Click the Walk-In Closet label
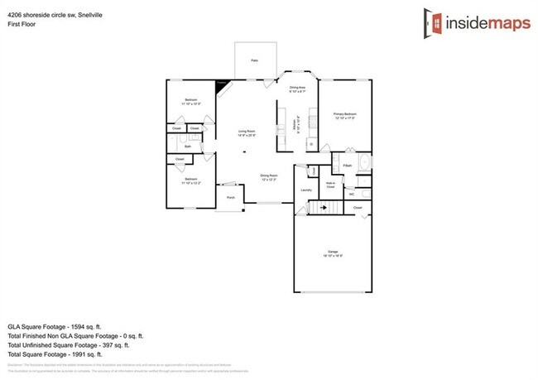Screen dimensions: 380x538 [x=330, y=185]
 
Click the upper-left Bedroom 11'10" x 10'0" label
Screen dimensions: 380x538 [x=190, y=101]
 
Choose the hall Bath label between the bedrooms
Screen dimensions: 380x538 [x=188, y=147]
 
